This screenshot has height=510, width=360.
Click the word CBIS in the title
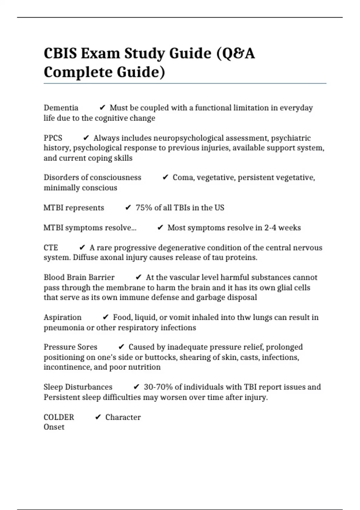(x=60, y=54)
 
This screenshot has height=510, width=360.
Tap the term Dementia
(x=61, y=108)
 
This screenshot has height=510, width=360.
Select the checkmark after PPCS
(x=86, y=138)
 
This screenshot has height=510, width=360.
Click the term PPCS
(x=53, y=138)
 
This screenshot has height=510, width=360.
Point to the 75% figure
(x=144, y=208)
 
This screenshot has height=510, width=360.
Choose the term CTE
(x=51, y=248)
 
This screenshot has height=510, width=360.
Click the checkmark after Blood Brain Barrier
(x=138, y=277)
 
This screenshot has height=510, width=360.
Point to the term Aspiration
(x=62, y=317)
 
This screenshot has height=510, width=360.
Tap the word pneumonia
(x=64, y=328)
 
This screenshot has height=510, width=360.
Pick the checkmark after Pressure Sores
(x=121, y=347)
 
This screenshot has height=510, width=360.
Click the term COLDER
(x=59, y=417)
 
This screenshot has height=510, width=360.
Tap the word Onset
(x=54, y=427)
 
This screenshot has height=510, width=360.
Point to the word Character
(x=123, y=417)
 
